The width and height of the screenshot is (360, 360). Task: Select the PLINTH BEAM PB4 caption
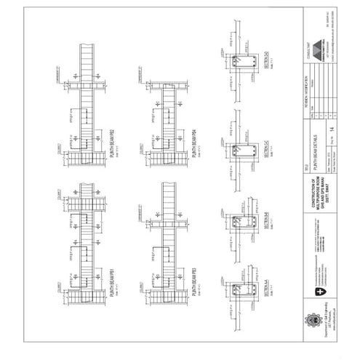pyautogui.click(x=193, y=143)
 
